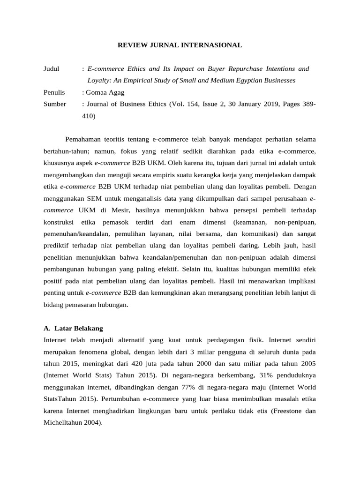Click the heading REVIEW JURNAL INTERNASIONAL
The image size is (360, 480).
click(180, 45)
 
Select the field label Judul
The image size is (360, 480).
click(51, 69)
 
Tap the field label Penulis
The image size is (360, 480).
click(54, 92)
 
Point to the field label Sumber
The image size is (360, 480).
click(55, 104)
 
